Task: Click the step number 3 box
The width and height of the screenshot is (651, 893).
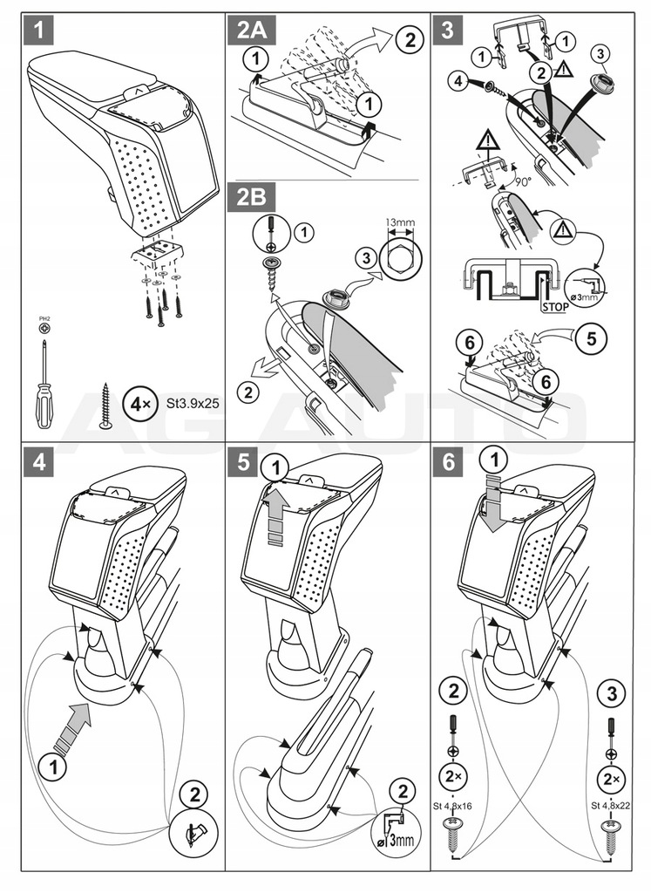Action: pos(447,32)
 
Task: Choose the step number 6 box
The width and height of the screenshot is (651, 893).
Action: pos(447,462)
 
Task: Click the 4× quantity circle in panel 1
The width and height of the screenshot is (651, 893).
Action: pos(138,405)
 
